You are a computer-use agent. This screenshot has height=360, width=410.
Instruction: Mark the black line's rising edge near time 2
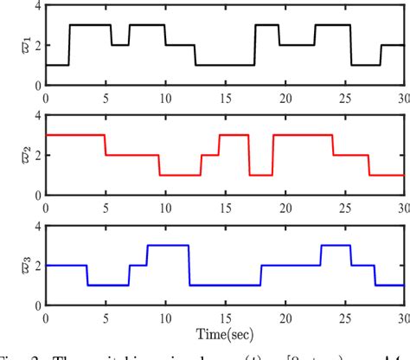tap(69, 45)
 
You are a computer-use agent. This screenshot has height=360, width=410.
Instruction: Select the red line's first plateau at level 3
tap(74, 135)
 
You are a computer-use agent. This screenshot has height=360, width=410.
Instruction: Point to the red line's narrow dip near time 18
tap(260, 175)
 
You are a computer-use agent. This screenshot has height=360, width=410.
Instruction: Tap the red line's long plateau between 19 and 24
tap(302, 135)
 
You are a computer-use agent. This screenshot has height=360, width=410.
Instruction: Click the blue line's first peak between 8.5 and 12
tap(168, 246)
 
